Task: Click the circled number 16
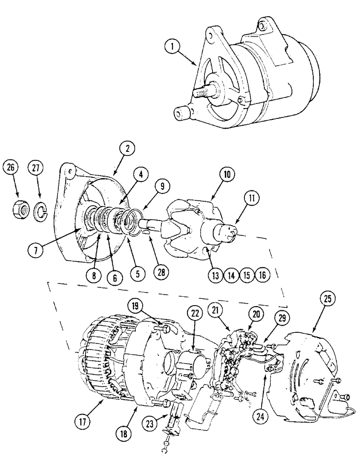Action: [x=262, y=275]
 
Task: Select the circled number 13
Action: [x=215, y=275]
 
